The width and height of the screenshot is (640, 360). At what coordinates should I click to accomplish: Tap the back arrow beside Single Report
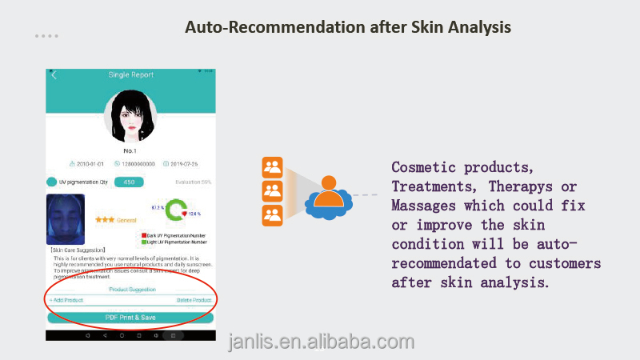click(x=54, y=75)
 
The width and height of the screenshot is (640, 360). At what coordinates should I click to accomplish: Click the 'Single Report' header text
click(x=130, y=75)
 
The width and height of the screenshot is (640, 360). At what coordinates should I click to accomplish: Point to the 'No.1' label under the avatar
click(x=130, y=150)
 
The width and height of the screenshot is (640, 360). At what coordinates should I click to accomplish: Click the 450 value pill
click(x=130, y=182)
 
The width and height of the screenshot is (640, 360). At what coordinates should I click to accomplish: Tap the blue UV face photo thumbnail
click(x=66, y=218)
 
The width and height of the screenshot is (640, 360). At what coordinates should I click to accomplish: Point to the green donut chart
click(x=175, y=211)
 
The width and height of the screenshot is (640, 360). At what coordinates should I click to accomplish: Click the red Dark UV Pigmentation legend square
click(x=142, y=235)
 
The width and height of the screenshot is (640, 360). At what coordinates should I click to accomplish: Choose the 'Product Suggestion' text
click(x=132, y=289)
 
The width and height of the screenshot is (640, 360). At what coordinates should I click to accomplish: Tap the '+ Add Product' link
click(x=66, y=300)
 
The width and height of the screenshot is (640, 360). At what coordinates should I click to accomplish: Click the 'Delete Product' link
click(x=194, y=300)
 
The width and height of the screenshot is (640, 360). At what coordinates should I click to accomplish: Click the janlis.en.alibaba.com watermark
click(x=321, y=342)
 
